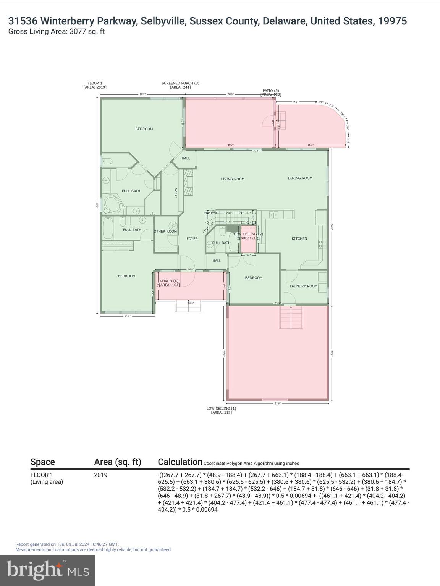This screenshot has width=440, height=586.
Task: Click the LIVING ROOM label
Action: (x=232, y=179)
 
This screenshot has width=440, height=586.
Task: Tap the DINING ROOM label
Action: (x=300, y=178)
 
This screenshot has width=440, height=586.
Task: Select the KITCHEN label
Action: (x=299, y=238)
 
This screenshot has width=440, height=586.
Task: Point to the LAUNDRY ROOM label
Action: (x=303, y=286)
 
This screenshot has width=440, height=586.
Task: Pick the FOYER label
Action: (x=192, y=239)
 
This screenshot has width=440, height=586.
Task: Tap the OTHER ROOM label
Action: (x=165, y=232)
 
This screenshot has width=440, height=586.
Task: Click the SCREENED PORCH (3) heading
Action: (x=180, y=83)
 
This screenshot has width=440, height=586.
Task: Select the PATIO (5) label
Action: (x=270, y=91)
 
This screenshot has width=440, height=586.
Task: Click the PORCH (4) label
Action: (x=169, y=281)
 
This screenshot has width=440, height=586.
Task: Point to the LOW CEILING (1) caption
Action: (x=221, y=409)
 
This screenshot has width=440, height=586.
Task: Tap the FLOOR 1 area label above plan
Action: (x=95, y=83)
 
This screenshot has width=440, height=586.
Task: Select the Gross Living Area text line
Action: (x=57, y=32)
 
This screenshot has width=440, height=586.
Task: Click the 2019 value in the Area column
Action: (x=101, y=475)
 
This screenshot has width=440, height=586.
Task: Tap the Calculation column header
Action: (x=180, y=462)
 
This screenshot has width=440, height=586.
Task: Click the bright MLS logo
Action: (x=48, y=570)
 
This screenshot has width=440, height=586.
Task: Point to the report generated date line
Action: (x=67, y=544)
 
